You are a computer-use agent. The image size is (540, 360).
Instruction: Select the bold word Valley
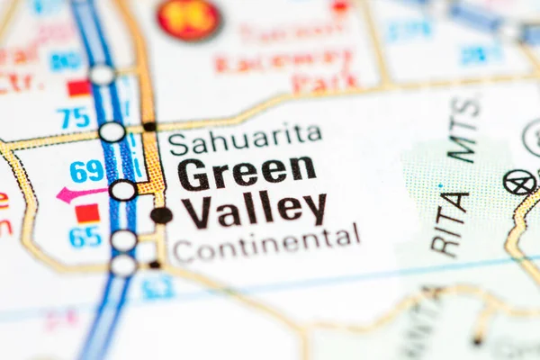click(254, 210)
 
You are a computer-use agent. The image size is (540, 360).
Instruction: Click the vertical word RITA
click(450, 224)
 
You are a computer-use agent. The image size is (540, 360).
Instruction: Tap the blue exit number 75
click(73, 118)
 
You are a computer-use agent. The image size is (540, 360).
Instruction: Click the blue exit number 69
click(87, 171)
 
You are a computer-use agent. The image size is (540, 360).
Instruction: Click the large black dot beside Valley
click(161, 215)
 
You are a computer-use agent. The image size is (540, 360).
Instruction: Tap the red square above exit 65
click(87, 213)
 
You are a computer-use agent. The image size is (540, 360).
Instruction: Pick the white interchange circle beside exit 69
click(122, 191)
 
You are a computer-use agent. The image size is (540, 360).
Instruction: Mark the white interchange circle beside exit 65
click(123, 240)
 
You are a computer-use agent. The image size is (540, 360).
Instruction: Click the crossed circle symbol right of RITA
click(519, 183)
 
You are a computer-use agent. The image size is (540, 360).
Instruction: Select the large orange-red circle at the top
click(188, 19)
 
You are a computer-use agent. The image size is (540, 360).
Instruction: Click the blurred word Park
click(324, 83)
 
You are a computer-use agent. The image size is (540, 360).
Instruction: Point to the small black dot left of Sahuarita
click(149, 127)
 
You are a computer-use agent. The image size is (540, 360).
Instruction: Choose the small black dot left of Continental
click(155, 265)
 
